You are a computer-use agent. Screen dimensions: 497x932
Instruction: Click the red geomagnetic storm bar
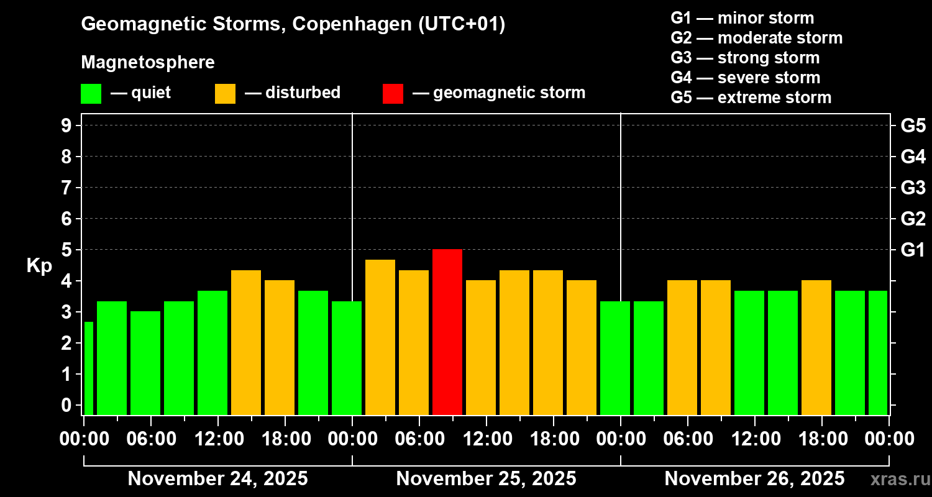(x=447, y=332)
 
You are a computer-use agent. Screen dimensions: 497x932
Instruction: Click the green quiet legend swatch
(x=91, y=94)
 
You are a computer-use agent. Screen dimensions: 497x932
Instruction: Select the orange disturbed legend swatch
(x=225, y=94)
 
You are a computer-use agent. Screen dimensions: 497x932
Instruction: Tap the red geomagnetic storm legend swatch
(x=393, y=94)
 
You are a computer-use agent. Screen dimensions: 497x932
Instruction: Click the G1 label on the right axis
(x=913, y=250)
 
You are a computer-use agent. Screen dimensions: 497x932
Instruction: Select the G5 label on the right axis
(x=913, y=126)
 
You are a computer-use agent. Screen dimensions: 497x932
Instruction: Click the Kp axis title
(x=39, y=266)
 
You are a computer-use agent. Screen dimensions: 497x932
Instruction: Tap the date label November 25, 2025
(x=486, y=479)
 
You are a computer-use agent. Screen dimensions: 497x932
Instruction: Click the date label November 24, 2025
(x=217, y=479)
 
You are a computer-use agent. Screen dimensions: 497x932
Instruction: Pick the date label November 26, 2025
(x=754, y=479)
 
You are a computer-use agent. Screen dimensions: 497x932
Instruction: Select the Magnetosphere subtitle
(x=148, y=63)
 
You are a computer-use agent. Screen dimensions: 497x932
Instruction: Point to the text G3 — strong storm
(x=745, y=58)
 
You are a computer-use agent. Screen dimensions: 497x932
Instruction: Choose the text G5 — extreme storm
(x=751, y=98)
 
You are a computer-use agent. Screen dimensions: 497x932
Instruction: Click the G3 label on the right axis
(x=913, y=188)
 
